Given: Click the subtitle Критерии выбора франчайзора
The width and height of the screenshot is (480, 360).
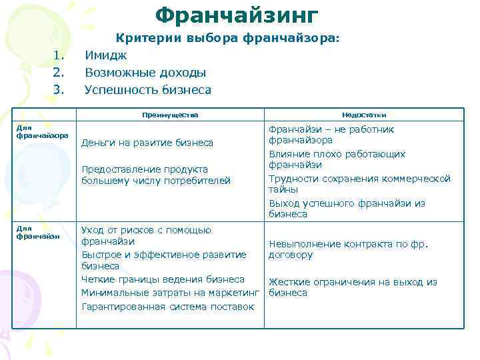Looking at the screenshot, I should click(x=228, y=39).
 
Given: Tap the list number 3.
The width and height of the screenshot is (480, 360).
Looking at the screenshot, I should click(x=58, y=89).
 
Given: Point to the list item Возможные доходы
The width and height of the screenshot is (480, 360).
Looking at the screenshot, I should click(x=145, y=73).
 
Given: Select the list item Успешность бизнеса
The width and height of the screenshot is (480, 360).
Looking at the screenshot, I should click(x=147, y=89).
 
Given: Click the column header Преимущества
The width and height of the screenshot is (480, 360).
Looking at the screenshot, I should click(x=170, y=115).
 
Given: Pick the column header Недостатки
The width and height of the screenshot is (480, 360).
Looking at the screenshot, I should click(x=364, y=115).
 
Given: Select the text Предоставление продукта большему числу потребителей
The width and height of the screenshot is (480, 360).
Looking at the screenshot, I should click(x=155, y=175).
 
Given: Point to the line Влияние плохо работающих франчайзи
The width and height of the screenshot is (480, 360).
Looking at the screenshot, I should click(x=337, y=159).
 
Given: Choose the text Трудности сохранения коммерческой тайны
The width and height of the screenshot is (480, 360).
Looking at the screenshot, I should click(x=359, y=184).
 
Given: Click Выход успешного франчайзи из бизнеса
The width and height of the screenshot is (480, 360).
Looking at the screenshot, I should click(x=346, y=209).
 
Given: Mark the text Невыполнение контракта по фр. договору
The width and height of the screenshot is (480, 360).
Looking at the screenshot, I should click(x=347, y=249).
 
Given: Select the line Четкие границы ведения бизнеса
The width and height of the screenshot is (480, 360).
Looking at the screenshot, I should click(x=163, y=279).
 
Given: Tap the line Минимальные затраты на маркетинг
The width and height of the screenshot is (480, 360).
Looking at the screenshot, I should click(x=169, y=293).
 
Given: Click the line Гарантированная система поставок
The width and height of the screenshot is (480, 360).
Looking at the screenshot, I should click(x=167, y=307).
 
